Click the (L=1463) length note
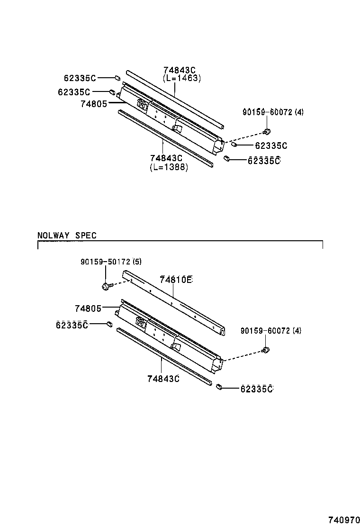coord(181,79)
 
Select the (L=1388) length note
coord(169,167)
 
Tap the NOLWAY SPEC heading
coord(67,236)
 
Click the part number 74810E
coord(176,280)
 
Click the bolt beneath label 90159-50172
coord(106,286)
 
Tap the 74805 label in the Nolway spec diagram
coord(88,309)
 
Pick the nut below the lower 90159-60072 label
coord(266,351)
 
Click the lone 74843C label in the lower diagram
coord(163,379)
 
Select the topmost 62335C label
coord(80,78)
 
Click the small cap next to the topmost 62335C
coord(117,77)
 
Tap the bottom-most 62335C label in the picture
coord(257,389)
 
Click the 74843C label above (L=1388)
coord(166,158)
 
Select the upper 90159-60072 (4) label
coord(273,112)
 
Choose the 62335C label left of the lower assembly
coord(72,325)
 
